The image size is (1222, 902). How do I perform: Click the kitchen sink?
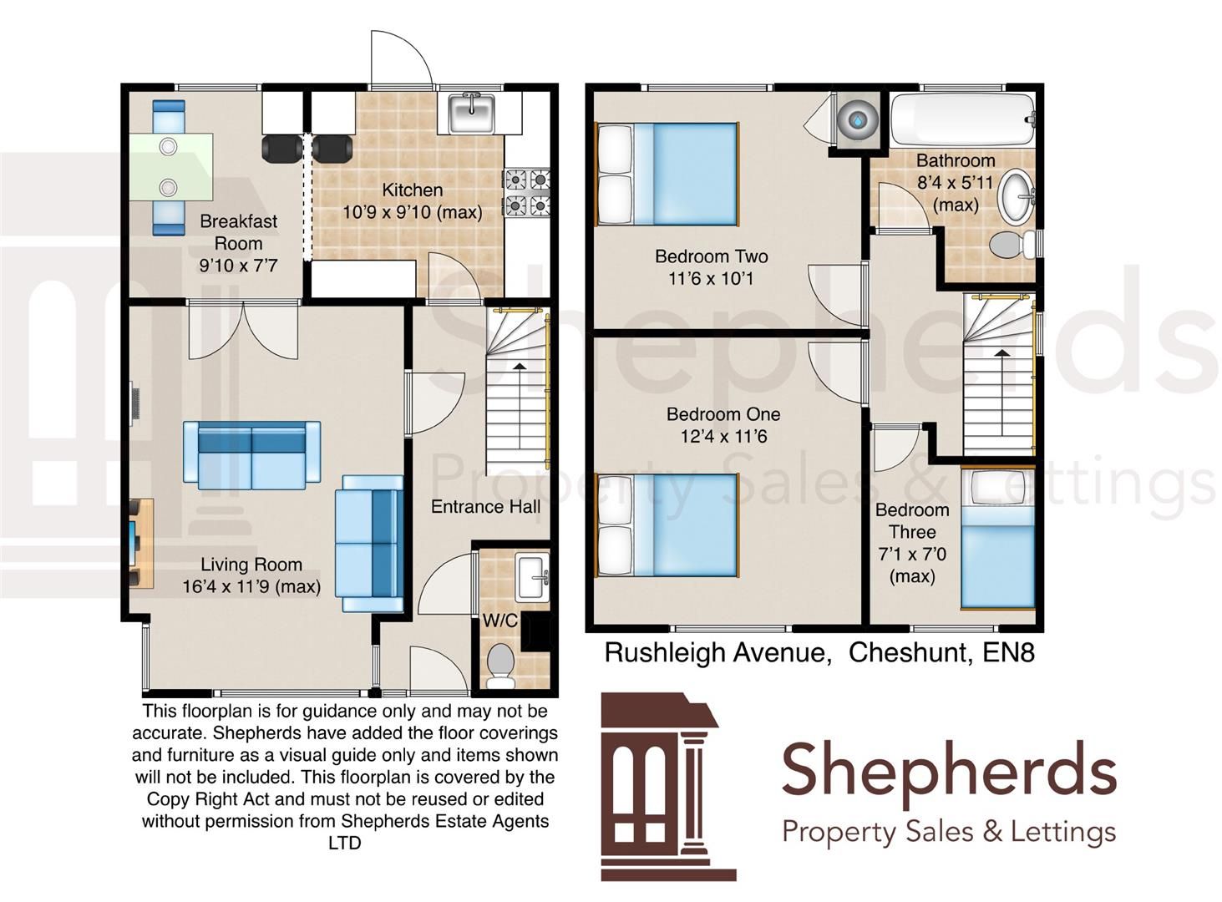click(x=472, y=113)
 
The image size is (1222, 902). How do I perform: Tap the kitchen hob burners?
click(x=525, y=191)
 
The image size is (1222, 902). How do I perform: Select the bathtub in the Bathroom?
click(x=962, y=121)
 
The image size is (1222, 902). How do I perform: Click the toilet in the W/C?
click(x=500, y=665)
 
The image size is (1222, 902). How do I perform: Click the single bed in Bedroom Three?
click(x=998, y=540)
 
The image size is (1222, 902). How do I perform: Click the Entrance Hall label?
click(x=485, y=507)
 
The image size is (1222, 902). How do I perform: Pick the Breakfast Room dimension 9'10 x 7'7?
click(x=238, y=266)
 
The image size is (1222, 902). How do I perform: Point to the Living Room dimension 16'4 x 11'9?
click(x=251, y=587)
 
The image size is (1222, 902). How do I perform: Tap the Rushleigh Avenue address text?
click(x=819, y=651)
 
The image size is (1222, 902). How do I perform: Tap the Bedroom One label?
click(x=723, y=414)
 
